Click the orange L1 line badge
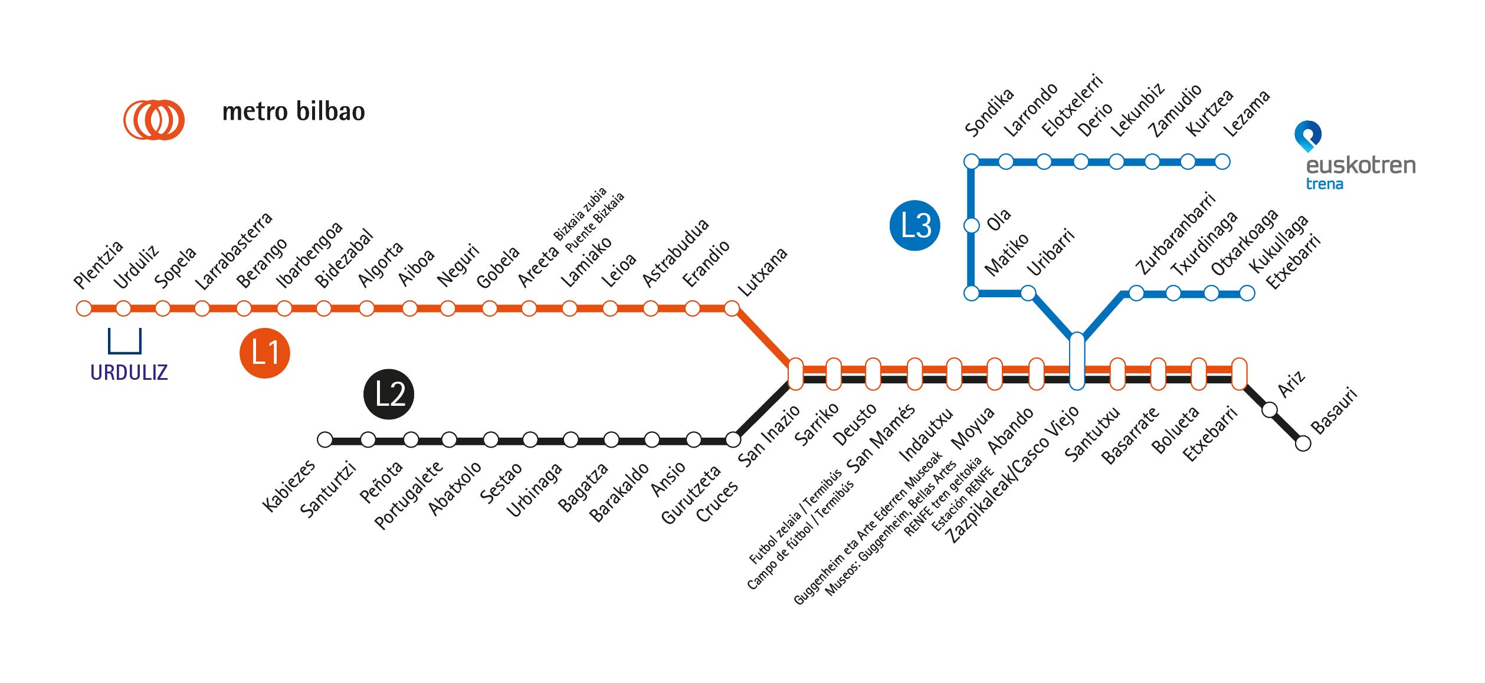(x=264, y=353)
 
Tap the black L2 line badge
(x=388, y=394)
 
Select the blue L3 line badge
(x=914, y=225)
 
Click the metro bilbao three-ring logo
(x=154, y=120)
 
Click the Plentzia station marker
(x=84, y=308)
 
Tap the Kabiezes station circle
(x=324, y=439)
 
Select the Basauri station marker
(x=1303, y=443)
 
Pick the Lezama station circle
(x=1222, y=162)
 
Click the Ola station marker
(x=971, y=225)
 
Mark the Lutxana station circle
(x=732, y=308)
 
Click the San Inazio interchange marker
(x=795, y=374)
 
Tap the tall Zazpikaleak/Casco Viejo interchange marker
(x=1077, y=361)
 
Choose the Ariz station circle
(x=1270, y=409)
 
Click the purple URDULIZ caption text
(x=129, y=373)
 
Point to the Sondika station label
(x=989, y=112)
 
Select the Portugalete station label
(x=408, y=495)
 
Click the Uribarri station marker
(x=1028, y=293)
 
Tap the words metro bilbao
(x=293, y=112)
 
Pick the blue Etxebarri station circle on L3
(x=1247, y=293)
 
